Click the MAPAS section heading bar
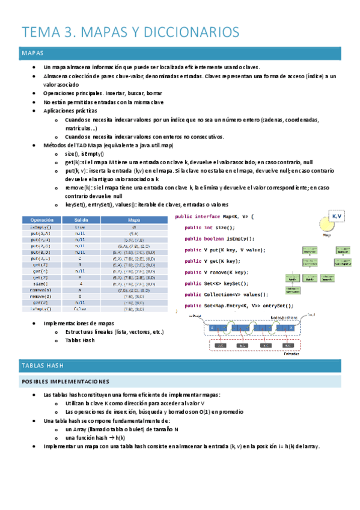click(x=180, y=54)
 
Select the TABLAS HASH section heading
click(x=180, y=365)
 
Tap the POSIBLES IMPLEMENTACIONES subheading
click(x=180, y=381)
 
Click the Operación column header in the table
click(x=41, y=220)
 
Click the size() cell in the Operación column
click(x=41, y=283)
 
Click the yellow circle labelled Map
click(x=327, y=225)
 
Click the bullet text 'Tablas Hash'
click(x=81, y=340)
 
